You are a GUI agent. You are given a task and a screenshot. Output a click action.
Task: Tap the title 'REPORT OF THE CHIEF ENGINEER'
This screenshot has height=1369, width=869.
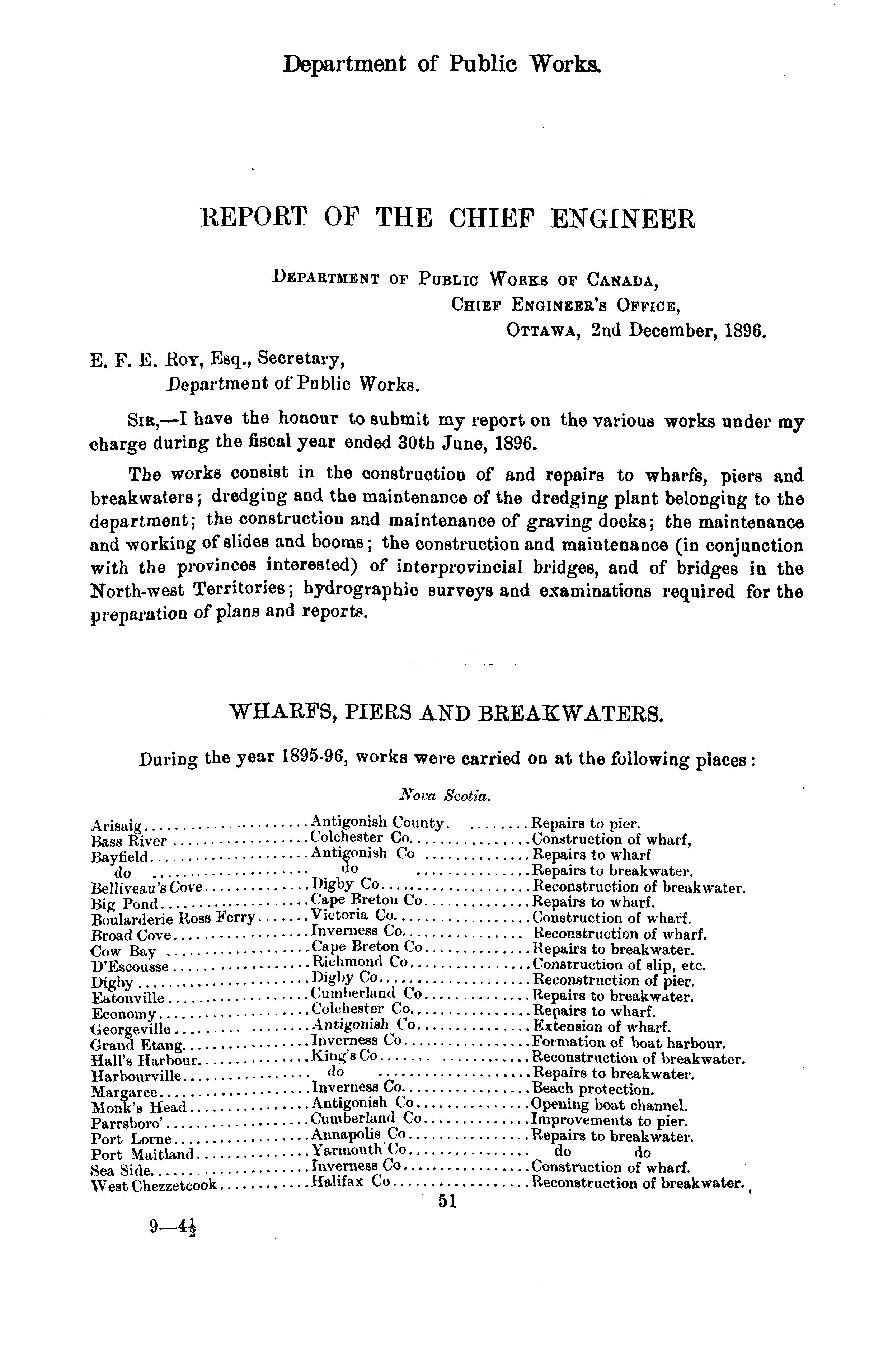448,219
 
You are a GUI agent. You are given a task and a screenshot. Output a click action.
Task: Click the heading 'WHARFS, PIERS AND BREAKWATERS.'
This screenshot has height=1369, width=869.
446,712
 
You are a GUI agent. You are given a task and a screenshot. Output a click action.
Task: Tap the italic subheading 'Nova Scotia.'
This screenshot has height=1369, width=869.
445,795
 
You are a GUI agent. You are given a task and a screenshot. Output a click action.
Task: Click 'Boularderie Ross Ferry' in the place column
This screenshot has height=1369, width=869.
173,918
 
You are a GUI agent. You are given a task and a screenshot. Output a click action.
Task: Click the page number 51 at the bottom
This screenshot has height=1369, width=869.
447,1201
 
